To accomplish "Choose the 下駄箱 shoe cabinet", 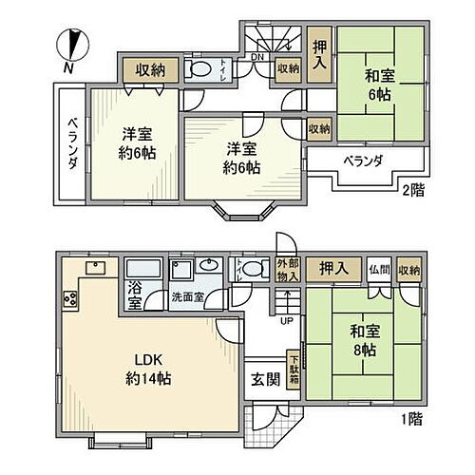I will click(294, 368).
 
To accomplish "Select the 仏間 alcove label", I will click(379, 271).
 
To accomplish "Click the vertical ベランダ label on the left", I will click(70, 143).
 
